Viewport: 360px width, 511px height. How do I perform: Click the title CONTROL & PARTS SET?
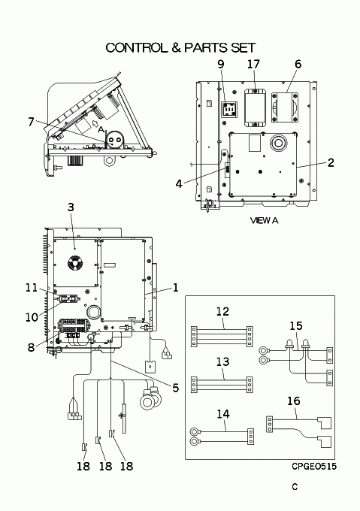tap(180, 47)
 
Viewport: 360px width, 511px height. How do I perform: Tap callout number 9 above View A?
tap(221, 64)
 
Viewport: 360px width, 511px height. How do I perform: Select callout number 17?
tap(253, 64)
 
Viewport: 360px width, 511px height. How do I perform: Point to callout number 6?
tap(298, 64)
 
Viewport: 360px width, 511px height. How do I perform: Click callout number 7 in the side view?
tap(31, 122)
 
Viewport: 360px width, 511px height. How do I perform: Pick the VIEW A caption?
tap(265, 221)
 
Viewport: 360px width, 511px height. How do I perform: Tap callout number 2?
tap(331, 162)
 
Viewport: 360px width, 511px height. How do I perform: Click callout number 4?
tap(179, 183)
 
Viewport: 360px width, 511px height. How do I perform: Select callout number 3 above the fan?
tap(71, 207)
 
